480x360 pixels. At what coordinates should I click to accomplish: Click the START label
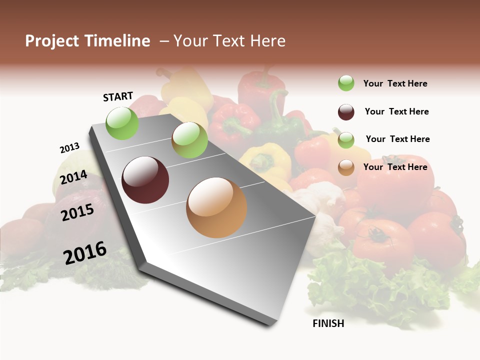(118, 96)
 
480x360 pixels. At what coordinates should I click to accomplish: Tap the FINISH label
(328, 323)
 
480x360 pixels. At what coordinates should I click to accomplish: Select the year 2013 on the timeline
(69, 148)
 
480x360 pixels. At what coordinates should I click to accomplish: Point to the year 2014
(73, 177)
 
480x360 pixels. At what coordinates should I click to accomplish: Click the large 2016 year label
(85, 252)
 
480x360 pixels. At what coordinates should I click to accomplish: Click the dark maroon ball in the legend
(346, 112)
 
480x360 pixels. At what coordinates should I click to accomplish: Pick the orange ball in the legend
(346, 167)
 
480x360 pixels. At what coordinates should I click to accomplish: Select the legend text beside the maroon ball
(396, 111)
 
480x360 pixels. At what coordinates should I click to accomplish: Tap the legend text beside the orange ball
(395, 167)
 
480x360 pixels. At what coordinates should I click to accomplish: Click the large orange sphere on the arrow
(216, 207)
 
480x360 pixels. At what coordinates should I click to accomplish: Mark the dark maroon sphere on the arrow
(145, 180)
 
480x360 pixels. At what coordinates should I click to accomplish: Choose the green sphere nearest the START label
(122, 123)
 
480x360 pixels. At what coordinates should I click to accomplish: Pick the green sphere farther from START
(189, 140)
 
